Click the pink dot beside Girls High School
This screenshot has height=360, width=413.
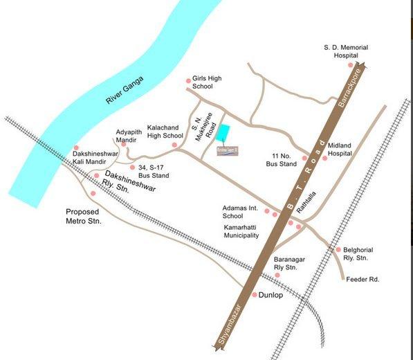coord(189,81)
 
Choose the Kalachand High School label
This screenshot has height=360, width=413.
coord(165,132)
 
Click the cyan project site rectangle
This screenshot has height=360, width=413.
coord(227,132)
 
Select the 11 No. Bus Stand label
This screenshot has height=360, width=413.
coord(282,161)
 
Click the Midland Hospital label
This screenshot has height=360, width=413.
coord(345,150)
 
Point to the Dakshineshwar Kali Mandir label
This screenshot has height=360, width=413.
coord(96,157)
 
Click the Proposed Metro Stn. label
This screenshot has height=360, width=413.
coord(84,216)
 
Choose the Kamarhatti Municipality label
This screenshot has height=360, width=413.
coord(241,231)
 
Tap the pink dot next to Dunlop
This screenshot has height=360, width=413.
coord(254,295)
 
